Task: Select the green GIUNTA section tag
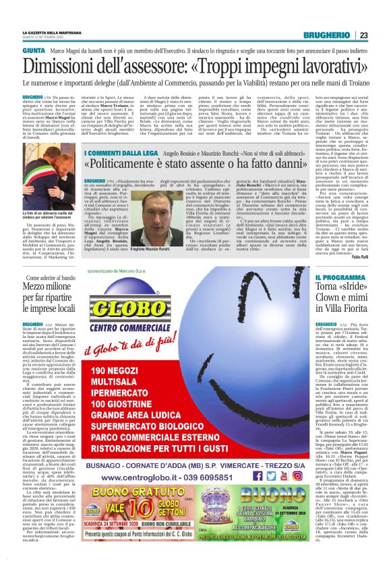pos(34,51)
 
